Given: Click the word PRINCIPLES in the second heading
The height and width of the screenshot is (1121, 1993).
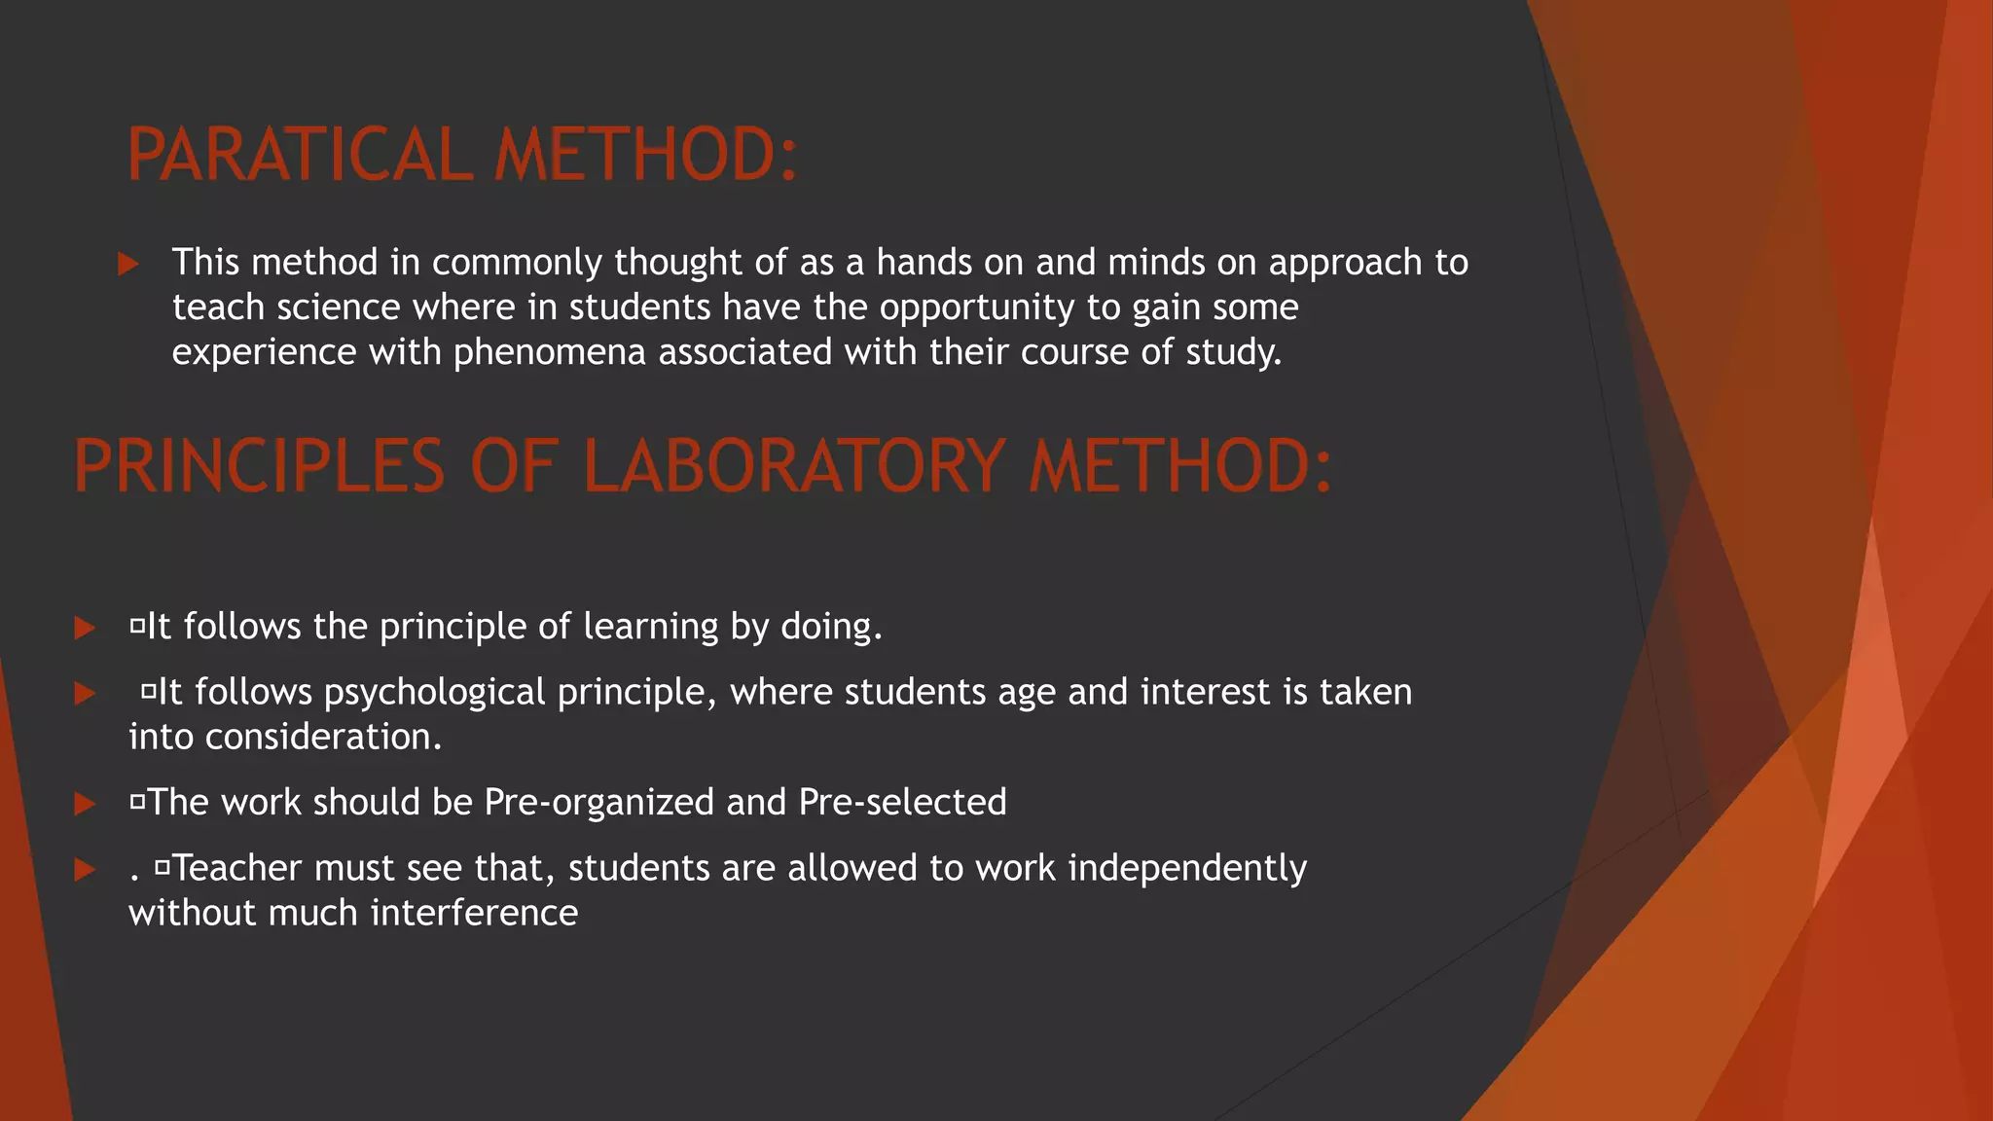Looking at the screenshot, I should [x=259, y=466].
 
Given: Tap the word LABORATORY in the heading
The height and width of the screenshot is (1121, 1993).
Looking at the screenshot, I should [x=794, y=466].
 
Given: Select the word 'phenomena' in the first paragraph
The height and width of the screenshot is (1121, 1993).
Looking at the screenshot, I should [x=549, y=352].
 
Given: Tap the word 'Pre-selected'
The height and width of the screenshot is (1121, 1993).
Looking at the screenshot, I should [x=902, y=803].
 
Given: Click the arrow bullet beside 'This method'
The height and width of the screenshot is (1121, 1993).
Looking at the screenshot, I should [x=127, y=264].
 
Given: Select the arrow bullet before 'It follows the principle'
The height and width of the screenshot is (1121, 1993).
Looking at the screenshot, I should [x=85, y=628].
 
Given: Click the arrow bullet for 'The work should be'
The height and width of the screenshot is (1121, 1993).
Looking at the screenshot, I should [x=85, y=804].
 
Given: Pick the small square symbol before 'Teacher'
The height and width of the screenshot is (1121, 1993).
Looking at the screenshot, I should [x=162, y=865].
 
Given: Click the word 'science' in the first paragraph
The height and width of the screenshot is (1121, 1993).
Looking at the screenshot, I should [x=339, y=307].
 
